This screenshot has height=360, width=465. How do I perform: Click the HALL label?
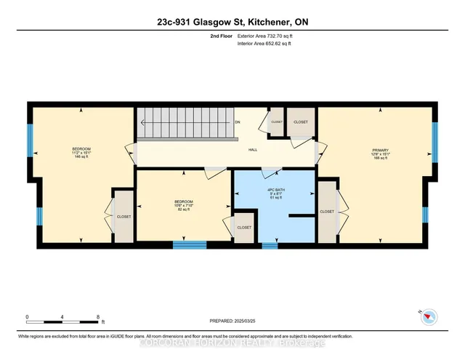[253, 149]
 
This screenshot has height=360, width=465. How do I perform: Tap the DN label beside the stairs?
[238, 122]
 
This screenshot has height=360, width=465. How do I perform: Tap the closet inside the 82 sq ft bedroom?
[243, 228]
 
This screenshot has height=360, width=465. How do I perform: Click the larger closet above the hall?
[300, 123]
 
